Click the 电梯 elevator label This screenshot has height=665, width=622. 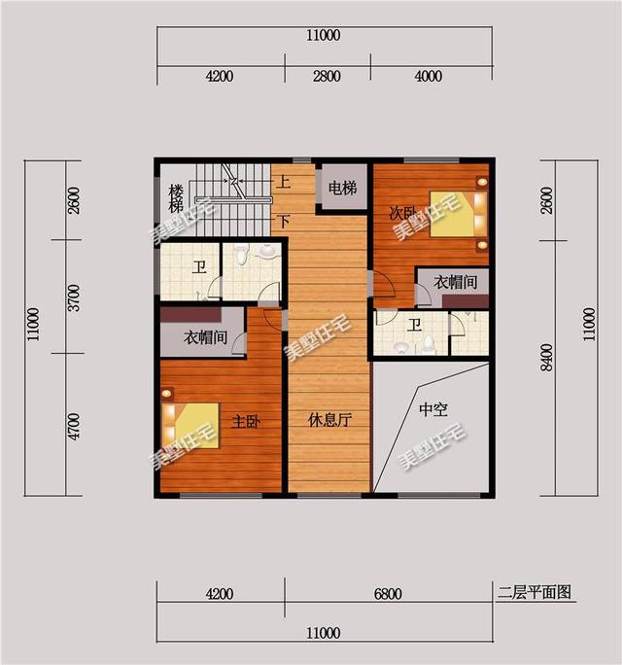342,188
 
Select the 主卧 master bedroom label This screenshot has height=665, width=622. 244,421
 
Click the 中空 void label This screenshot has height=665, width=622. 432,410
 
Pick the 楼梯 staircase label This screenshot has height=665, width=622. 176,198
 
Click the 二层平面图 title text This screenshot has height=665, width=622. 533,590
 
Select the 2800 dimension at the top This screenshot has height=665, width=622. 326,78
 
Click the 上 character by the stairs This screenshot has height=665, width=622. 284,181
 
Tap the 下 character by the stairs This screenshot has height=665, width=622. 284,221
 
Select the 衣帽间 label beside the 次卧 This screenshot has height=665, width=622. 455,283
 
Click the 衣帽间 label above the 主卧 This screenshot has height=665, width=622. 206,339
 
